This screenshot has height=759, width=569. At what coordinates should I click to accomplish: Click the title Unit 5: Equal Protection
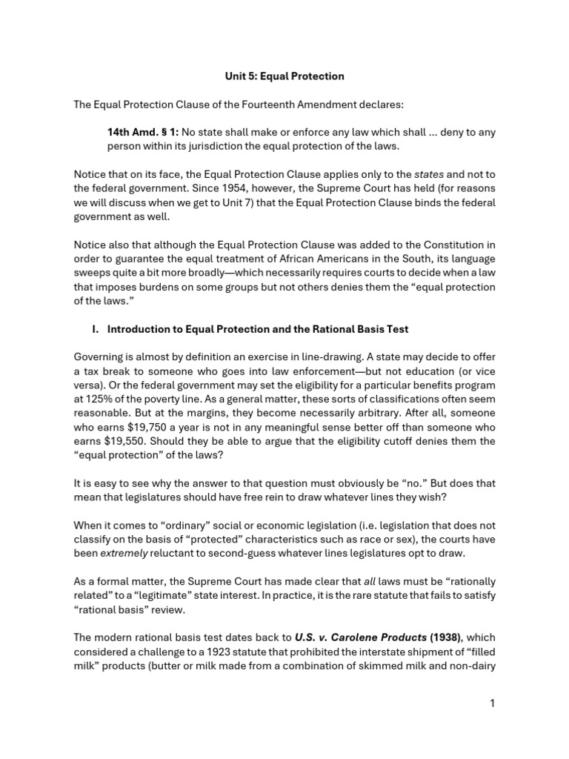[284, 76]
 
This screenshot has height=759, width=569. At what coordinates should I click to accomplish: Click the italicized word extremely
[116, 554]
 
